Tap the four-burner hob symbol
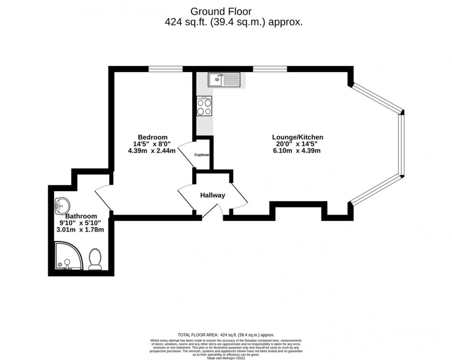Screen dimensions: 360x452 coord(204,106)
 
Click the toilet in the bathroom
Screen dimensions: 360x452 coord(95,260)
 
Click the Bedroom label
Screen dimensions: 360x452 coord(152,137)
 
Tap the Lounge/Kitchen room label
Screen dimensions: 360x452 coord(297,137)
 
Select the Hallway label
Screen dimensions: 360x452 coord(213,195)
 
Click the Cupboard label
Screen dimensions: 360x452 coord(202,155)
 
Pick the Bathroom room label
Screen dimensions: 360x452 coord(81,216)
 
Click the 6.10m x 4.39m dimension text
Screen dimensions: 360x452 coord(297,151)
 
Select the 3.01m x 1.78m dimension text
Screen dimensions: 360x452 coord(80,230)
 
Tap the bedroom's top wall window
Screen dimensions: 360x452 coord(166,69)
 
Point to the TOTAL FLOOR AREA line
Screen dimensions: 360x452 coord(226,335)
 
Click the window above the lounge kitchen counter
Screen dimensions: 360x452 coord(270,69)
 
